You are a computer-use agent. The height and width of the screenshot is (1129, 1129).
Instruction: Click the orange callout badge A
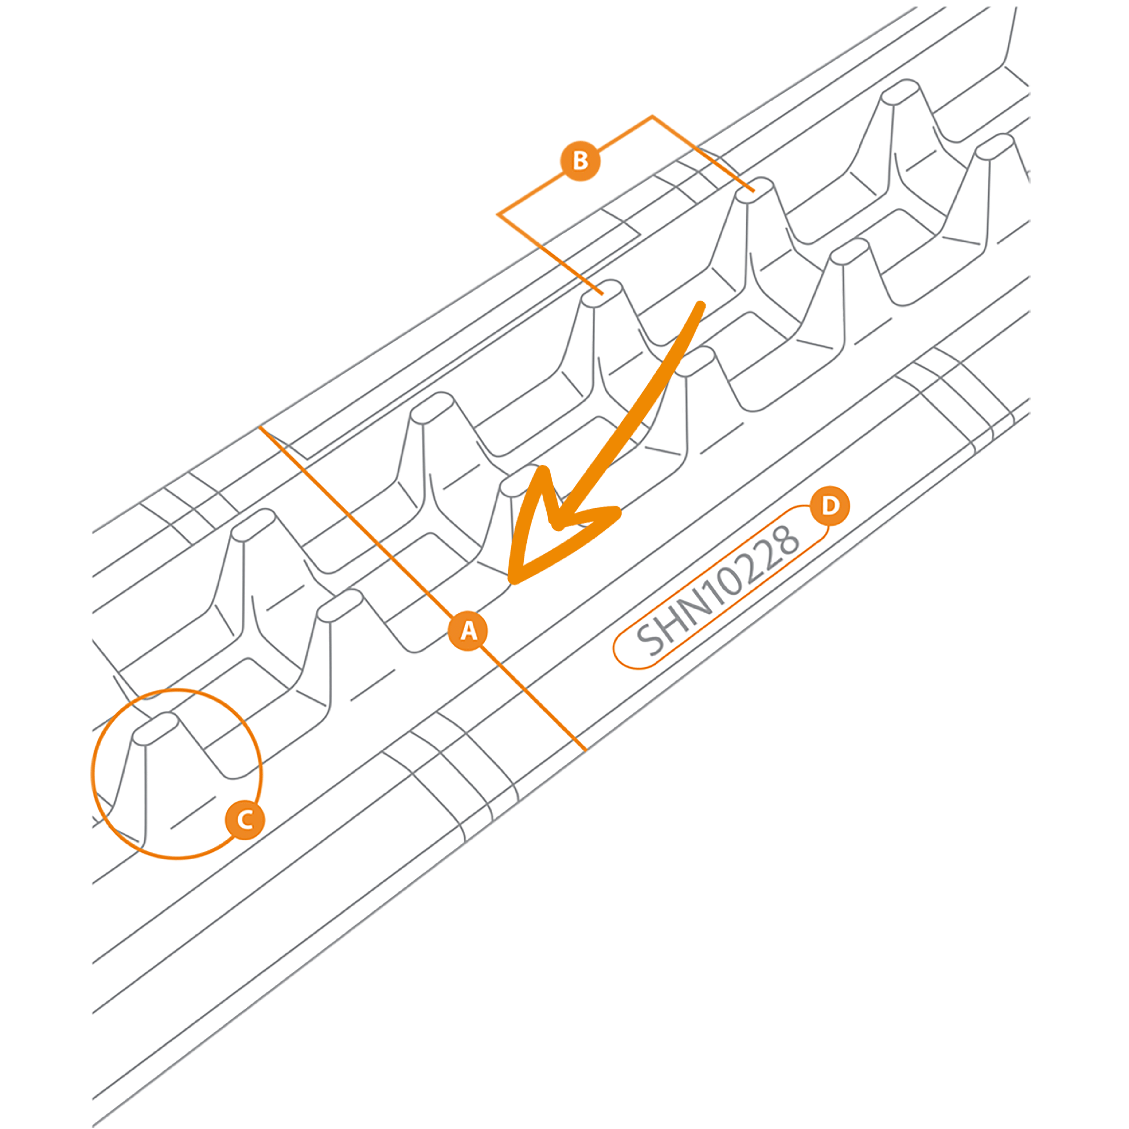468,631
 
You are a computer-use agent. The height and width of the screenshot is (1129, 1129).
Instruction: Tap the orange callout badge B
580,161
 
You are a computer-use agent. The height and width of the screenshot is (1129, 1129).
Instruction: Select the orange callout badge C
245,820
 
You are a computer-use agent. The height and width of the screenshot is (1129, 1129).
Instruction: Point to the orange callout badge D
830,505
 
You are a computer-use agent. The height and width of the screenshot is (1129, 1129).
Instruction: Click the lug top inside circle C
155,729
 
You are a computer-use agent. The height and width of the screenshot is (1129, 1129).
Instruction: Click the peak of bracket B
652,116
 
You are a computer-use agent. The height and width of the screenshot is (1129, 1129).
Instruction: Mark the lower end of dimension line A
586,750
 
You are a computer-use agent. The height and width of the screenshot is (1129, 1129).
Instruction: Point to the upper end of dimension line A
260,427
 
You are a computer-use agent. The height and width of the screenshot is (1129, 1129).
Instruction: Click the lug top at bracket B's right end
754,190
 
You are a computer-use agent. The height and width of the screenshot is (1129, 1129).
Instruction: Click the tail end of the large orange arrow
700,305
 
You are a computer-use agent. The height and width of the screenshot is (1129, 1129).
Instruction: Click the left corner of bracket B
498,215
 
